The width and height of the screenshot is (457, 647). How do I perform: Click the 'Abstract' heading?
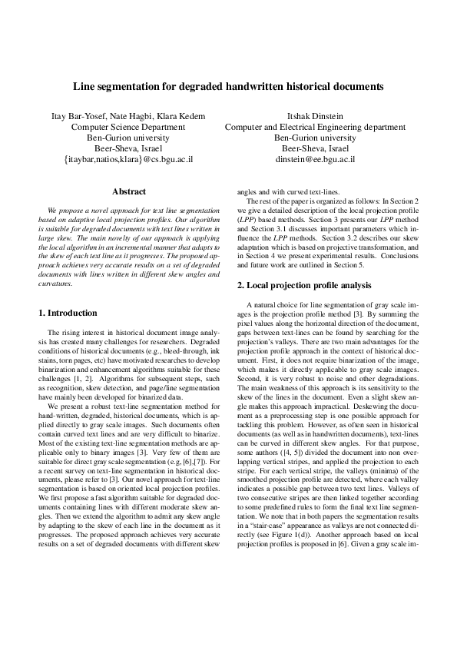pos(128,191)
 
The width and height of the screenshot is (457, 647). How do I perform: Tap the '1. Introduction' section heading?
pos(68,313)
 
